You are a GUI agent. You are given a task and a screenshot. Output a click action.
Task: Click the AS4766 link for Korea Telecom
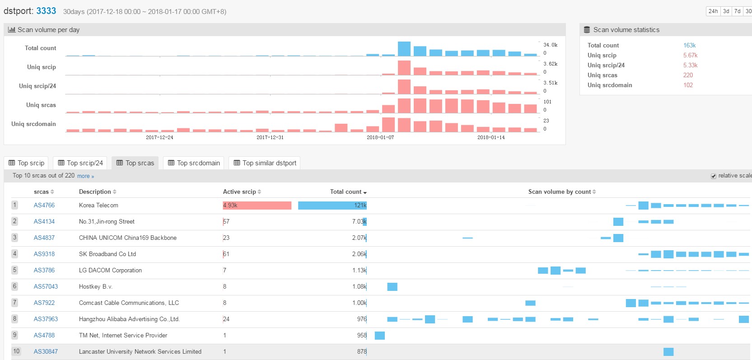(x=44, y=205)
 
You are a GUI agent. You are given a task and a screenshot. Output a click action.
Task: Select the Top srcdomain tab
(x=194, y=163)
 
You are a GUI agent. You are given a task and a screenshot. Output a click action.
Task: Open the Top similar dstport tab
(x=264, y=163)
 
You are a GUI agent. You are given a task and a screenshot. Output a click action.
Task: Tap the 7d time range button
(x=737, y=11)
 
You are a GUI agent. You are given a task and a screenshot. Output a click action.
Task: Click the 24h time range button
(x=713, y=11)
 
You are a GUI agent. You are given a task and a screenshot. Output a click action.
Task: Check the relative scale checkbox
(x=714, y=176)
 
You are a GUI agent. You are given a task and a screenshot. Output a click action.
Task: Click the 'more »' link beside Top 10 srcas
(x=85, y=176)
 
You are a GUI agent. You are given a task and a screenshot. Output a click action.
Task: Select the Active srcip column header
(x=239, y=192)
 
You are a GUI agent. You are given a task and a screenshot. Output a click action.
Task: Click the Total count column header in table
(x=346, y=192)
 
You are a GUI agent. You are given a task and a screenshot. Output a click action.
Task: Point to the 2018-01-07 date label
(x=380, y=137)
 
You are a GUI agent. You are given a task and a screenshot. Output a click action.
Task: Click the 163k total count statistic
(x=689, y=45)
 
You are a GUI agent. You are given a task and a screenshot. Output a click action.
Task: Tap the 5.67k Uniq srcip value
(x=690, y=55)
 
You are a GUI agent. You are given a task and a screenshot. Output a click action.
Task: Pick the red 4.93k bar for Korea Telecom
(x=257, y=206)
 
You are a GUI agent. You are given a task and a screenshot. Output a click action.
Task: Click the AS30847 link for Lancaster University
(x=46, y=351)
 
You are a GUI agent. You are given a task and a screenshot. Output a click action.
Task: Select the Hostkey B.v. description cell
(x=96, y=286)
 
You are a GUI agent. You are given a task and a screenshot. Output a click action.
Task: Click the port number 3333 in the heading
(x=46, y=11)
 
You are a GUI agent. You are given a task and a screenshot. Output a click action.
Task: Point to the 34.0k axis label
(x=550, y=45)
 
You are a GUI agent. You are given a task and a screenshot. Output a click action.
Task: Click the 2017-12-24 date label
(x=159, y=137)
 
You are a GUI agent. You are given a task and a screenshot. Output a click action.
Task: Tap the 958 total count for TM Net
(x=362, y=335)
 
